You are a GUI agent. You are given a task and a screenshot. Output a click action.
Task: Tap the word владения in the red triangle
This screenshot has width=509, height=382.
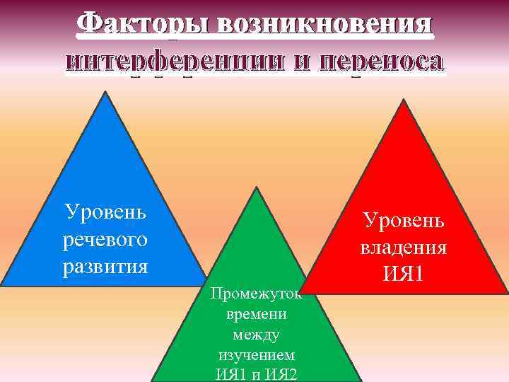[404, 248]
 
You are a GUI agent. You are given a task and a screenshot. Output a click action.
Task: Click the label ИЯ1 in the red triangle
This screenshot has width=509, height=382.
[404, 274]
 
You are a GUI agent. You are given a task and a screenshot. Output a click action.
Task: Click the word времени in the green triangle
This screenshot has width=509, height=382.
[255, 313]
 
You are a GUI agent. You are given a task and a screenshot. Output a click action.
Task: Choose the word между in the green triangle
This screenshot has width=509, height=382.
[255, 333]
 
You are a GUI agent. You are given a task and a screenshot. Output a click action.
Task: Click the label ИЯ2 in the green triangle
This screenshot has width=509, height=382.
[278, 373]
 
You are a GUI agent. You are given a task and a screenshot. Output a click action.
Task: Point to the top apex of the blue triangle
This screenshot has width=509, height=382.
[106, 92]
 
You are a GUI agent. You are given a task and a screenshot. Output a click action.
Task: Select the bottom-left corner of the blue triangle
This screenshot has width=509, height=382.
[2, 284]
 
